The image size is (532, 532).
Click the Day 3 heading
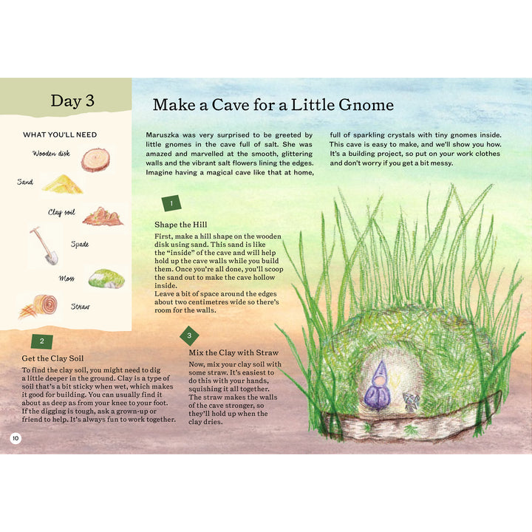(72, 100)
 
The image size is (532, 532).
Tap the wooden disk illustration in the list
(95, 159)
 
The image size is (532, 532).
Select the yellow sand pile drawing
(63, 184)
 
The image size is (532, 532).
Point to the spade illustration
(44, 245)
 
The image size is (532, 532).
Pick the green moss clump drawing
(106, 279)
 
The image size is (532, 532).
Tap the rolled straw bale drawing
(38, 307)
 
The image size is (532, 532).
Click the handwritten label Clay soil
(61, 212)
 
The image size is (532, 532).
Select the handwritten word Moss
(66, 279)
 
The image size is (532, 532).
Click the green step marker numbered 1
(171, 204)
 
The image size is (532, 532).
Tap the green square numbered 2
(42, 341)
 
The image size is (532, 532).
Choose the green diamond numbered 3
(189, 335)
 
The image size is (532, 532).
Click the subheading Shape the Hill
(180, 225)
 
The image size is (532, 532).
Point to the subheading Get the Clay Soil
(52, 358)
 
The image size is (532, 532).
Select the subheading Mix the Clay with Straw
(233, 352)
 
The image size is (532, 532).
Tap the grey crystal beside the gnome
(411, 402)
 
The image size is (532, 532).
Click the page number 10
(16, 438)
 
